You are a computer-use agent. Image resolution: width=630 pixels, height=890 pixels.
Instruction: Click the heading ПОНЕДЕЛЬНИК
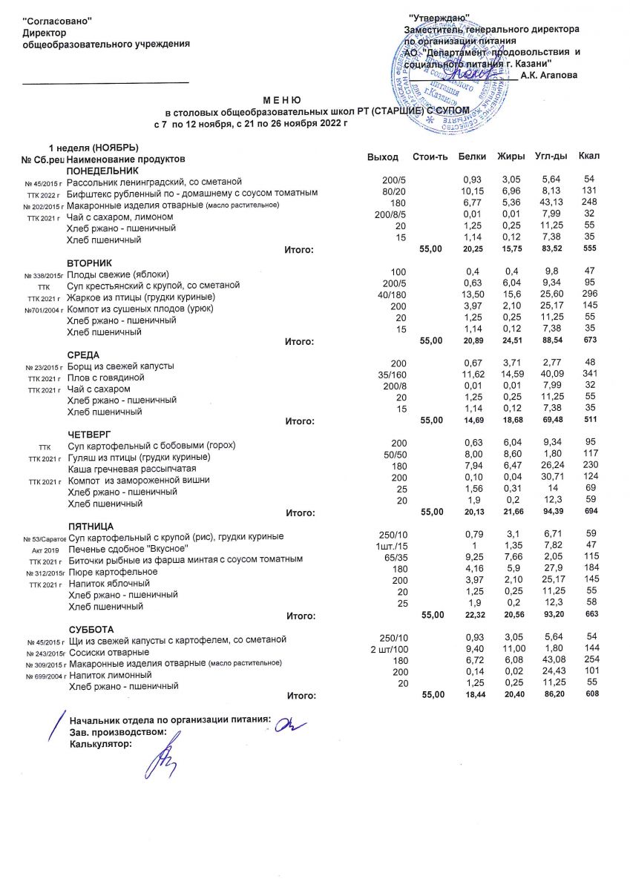coord(102,171)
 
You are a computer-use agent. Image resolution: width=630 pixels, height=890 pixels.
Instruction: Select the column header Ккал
coord(590,157)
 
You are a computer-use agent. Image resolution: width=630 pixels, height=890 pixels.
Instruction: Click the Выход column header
coord(382,157)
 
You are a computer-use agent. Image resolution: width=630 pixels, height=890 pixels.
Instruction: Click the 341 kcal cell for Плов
coord(590,378)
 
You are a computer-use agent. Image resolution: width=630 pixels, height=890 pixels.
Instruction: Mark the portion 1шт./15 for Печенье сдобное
coord(389,547)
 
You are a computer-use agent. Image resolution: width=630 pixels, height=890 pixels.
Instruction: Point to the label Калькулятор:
coord(99,744)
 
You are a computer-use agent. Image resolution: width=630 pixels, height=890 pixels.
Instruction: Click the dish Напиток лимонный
coord(110,675)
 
